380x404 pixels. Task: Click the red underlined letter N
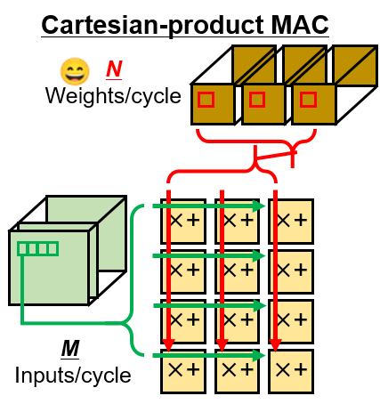pos(114,69)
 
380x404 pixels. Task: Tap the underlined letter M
pos(70,346)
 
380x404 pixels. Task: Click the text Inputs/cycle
pos(73,374)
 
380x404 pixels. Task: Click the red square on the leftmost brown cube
pos(206,101)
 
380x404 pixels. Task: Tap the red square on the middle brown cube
pos(256,101)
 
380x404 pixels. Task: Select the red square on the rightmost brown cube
pos(306,101)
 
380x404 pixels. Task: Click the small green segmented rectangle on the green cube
pos(37,248)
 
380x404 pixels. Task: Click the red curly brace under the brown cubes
pos(256,152)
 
